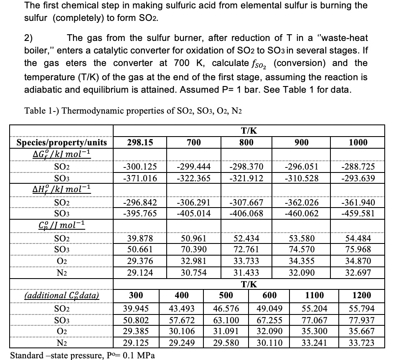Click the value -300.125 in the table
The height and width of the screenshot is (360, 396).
pyautogui.click(x=140, y=167)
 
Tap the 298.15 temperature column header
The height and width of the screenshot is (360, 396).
pyautogui.click(x=140, y=142)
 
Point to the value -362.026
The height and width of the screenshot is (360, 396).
pyautogui.click(x=302, y=203)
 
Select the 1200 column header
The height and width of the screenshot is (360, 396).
pyautogui.click(x=362, y=296)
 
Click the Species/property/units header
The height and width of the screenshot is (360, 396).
pyautogui.click(x=61, y=142)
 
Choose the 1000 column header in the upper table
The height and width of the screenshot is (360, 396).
pyautogui.click(x=358, y=142)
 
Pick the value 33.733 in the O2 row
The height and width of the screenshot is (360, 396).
pyautogui.click(x=246, y=262)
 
